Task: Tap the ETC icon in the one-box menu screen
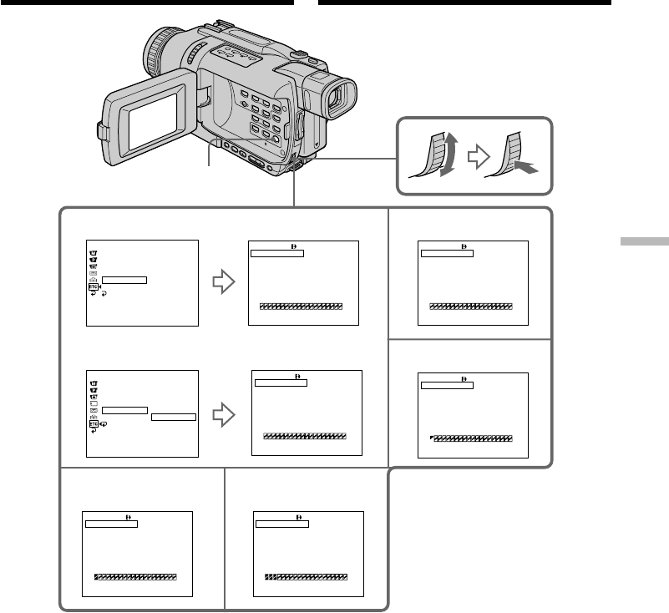pyautogui.click(x=93, y=287)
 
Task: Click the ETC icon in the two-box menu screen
pyautogui.click(x=93, y=424)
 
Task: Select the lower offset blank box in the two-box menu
pyautogui.click(x=173, y=417)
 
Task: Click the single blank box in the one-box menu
pyautogui.click(x=126, y=281)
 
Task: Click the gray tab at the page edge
pyautogui.click(x=644, y=241)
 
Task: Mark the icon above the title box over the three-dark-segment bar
pyautogui.click(x=298, y=518)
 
